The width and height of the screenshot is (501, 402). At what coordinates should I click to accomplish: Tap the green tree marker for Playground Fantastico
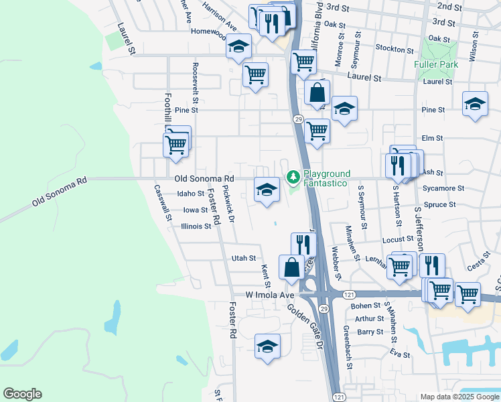click(x=292, y=177)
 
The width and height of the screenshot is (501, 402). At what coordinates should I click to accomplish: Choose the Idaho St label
click(x=190, y=194)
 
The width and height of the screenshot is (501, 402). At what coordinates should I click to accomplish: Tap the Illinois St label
click(x=196, y=226)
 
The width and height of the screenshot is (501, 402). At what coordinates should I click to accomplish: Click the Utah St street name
click(x=244, y=258)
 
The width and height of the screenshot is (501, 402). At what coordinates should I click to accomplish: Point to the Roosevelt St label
click(x=196, y=78)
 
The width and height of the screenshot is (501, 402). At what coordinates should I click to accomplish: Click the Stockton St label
click(x=395, y=49)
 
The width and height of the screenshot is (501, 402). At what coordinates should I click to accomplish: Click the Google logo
click(x=22, y=394)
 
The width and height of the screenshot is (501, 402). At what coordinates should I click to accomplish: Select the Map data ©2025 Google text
click(x=459, y=397)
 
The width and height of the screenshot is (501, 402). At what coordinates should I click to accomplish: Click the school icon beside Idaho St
click(x=267, y=189)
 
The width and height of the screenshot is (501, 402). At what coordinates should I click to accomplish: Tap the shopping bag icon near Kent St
click(x=292, y=267)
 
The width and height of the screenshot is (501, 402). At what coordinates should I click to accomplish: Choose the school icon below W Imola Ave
click(x=267, y=346)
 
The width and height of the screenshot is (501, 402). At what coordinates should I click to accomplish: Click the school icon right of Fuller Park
click(x=475, y=104)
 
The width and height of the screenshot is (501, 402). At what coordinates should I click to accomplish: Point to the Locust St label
click(x=398, y=239)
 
